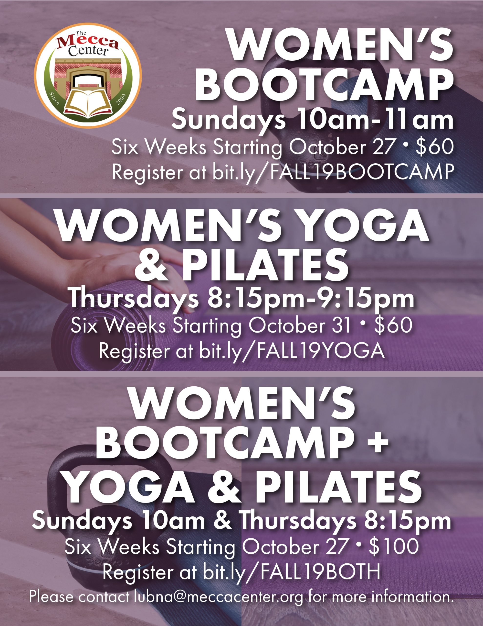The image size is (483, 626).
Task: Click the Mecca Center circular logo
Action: pyautogui.click(x=88, y=76)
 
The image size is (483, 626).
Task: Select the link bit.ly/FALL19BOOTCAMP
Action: pyautogui.click(x=333, y=172)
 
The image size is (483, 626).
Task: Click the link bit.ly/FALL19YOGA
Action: pyautogui.click(x=292, y=351)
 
